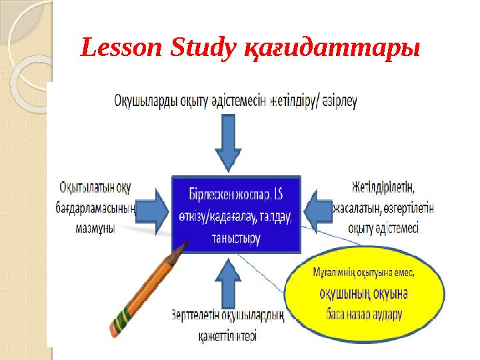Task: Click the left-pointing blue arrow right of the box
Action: point(318,207)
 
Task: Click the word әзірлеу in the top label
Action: point(340,101)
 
